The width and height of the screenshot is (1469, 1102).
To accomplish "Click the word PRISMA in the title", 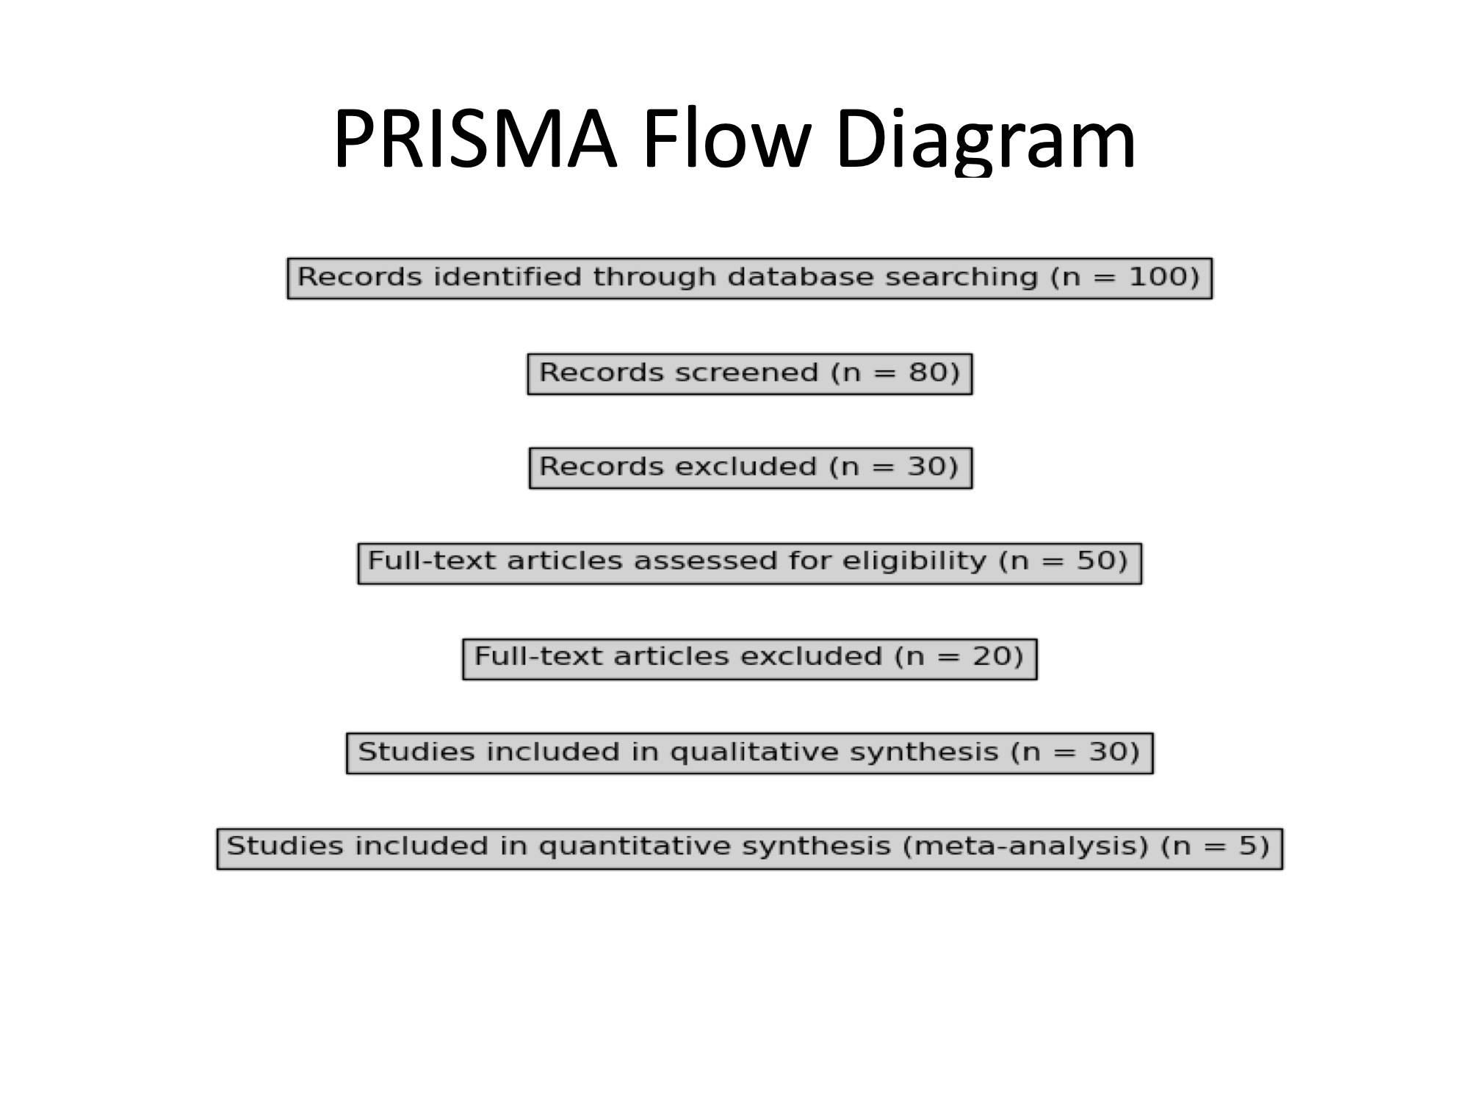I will click(474, 140).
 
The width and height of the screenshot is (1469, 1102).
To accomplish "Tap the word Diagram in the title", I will click(985, 140).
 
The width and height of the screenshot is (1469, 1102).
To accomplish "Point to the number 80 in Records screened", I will click(927, 372).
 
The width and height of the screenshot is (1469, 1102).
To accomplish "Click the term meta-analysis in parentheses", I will click(1025, 846).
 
